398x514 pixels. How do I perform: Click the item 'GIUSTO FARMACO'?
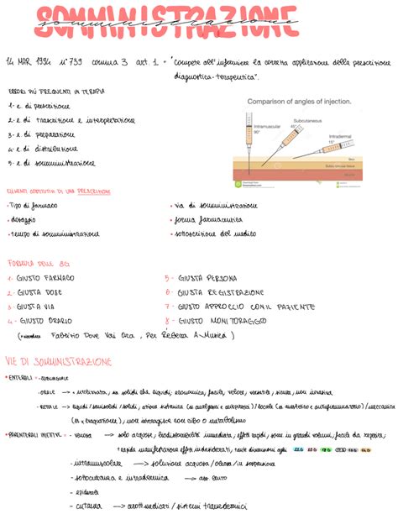47,278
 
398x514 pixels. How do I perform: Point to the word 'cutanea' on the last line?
89,506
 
